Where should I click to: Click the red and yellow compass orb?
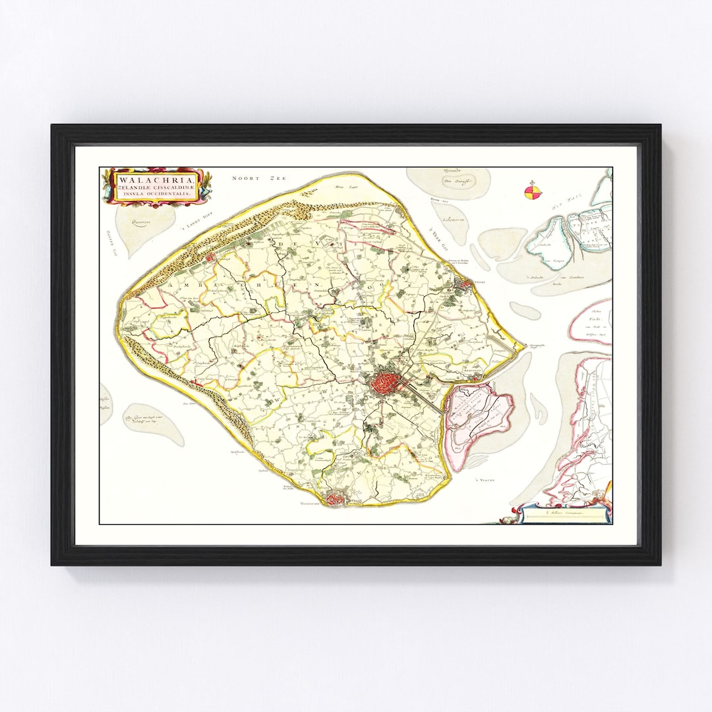click(x=533, y=192)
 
